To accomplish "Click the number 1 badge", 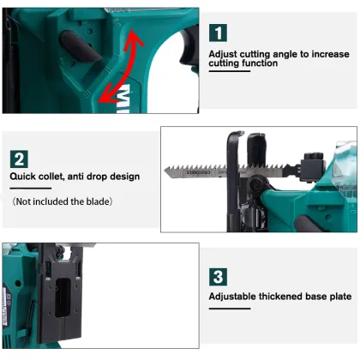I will point(219,33).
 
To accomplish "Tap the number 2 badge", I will point(18,159).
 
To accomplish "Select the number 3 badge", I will point(219,277).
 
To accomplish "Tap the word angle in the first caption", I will point(288,53).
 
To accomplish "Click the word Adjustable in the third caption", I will point(238,297).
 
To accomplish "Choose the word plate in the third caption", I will point(340,297).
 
